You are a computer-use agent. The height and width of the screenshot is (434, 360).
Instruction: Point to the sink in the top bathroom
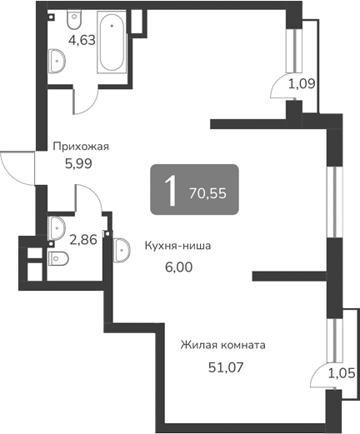click(58, 60)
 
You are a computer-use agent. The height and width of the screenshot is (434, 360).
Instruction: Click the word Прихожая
click(81, 147)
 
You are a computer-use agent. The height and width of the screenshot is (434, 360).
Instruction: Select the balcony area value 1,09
click(301, 83)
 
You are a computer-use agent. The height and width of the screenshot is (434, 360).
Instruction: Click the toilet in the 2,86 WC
click(58, 260)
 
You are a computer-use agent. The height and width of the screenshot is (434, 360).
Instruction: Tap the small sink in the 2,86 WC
click(57, 226)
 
